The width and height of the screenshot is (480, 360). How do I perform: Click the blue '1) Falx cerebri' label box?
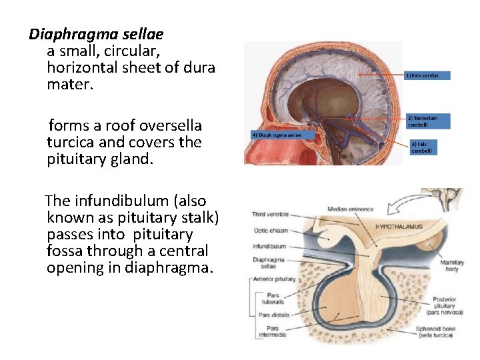pos(427,76)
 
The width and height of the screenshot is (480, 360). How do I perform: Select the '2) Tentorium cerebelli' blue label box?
pos(427,121)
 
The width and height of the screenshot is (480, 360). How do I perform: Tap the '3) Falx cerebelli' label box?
pos(425,147)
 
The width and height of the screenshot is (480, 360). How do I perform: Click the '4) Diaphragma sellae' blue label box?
pos(277,135)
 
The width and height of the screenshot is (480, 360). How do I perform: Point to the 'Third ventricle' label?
pos(270,214)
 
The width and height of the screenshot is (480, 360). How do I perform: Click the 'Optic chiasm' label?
pos(269,231)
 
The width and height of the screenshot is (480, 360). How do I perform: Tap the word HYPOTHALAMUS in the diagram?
pos(398,227)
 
